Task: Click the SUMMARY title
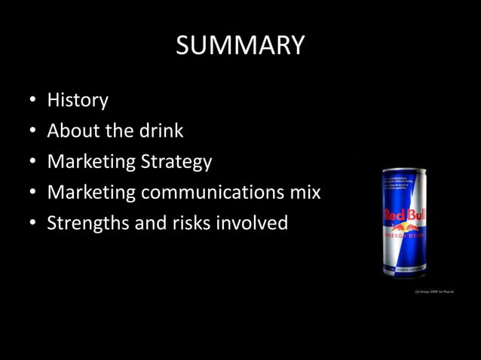pyautogui.click(x=240, y=45)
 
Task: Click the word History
pyautogui.click(x=78, y=100)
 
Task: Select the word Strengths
pyautogui.click(x=84, y=224)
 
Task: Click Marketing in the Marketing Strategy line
pyautogui.click(x=91, y=163)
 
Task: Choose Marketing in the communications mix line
pyautogui.click(x=91, y=193)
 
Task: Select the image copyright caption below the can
pyautogui.click(x=434, y=290)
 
